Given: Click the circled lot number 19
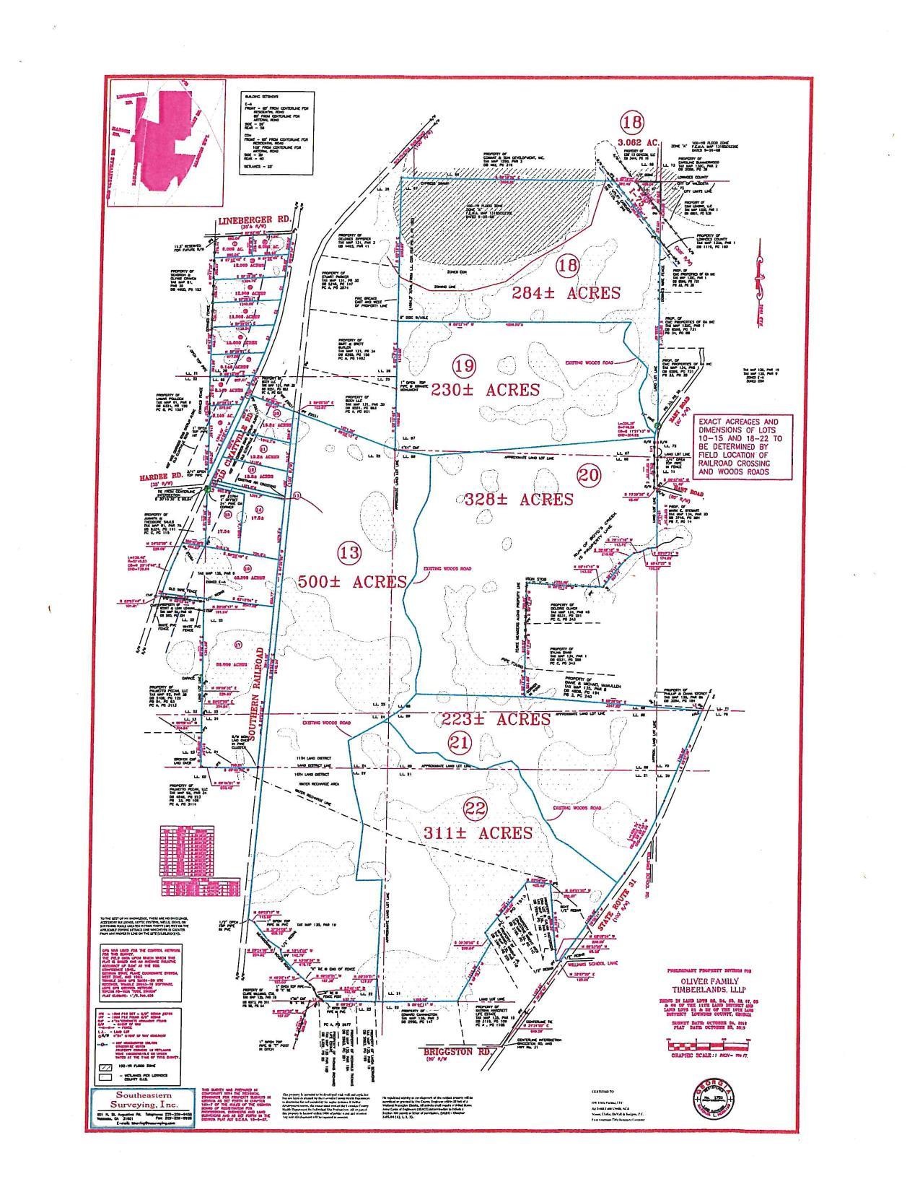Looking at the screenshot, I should click(x=464, y=366).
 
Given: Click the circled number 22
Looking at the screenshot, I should click(x=457, y=809).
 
